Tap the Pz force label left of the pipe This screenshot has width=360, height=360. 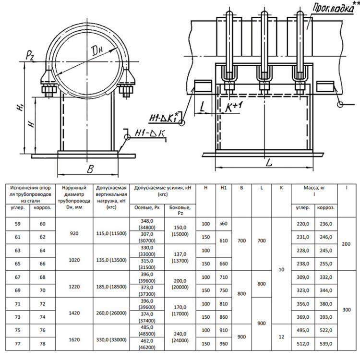click(x=30, y=56)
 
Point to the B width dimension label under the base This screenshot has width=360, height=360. click(x=90, y=169)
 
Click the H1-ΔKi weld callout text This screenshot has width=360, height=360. click(x=164, y=118)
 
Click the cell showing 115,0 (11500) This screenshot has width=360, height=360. click(x=111, y=233)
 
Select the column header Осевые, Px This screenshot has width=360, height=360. click(x=147, y=207)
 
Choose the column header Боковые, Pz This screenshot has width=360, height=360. click(x=180, y=210)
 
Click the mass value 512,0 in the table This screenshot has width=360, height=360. click(x=303, y=344)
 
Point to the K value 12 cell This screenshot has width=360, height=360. click(x=281, y=337)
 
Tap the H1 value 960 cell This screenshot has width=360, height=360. click(x=223, y=344)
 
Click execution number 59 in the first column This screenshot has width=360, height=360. click(x=18, y=224)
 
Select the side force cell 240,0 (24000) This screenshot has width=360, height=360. click(x=180, y=337)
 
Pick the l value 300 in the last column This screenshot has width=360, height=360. click(x=347, y=310)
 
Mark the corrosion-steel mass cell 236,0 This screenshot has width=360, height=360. click(x=326, y=224)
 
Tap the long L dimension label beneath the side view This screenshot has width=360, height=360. click(x=269, y=164)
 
